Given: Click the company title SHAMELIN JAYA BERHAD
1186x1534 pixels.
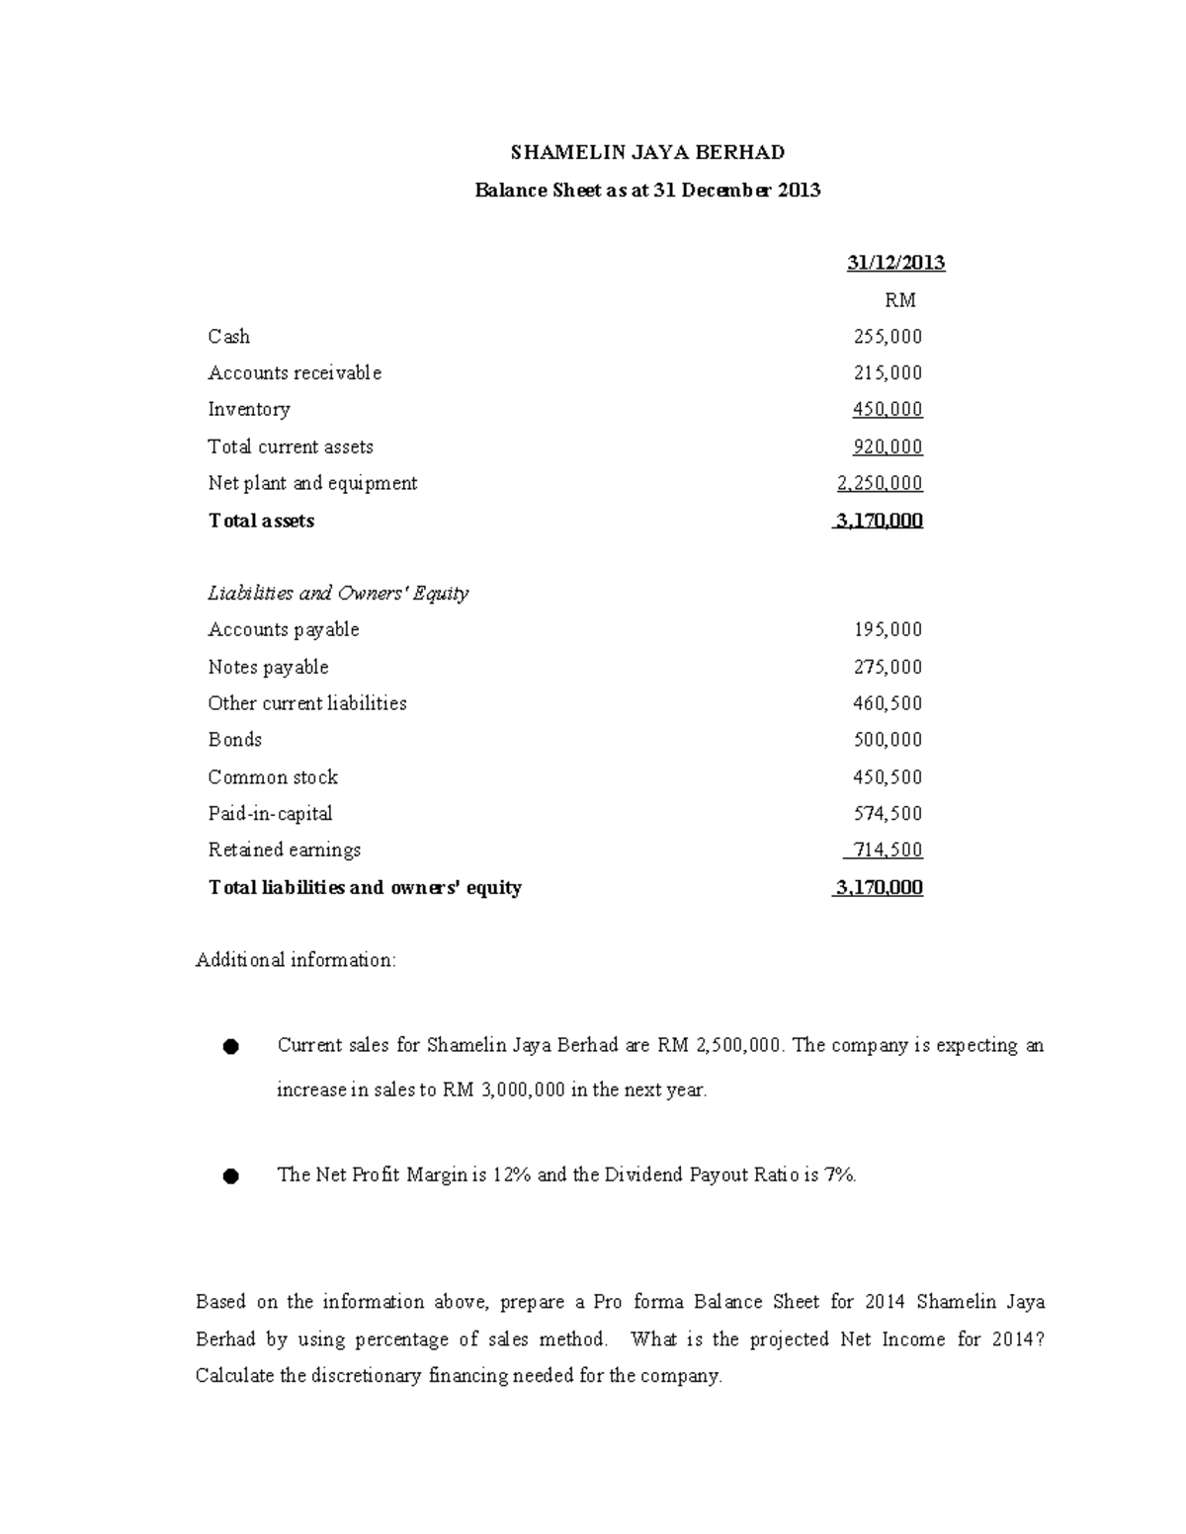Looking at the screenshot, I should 647,152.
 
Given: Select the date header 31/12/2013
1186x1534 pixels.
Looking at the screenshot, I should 895,263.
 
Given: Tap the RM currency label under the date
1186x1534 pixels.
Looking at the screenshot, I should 899,300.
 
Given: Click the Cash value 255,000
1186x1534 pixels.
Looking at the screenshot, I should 888,337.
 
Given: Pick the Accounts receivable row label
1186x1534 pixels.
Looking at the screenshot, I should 295,373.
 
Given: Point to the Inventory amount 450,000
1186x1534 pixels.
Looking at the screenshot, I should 888,410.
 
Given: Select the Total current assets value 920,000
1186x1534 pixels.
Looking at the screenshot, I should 888,447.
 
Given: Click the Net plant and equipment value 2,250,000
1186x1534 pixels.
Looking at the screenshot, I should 880,483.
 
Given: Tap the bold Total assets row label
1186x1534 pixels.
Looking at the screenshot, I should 261,521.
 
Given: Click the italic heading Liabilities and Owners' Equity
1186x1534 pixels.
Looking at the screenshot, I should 338,594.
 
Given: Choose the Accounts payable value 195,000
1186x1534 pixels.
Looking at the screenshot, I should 888,630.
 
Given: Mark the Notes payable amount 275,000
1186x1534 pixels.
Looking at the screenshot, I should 888,668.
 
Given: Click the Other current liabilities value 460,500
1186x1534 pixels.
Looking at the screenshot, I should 888,704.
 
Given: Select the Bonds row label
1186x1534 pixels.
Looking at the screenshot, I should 235,740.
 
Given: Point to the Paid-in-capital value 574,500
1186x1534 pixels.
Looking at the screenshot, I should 888,814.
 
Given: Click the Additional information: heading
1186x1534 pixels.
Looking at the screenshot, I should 296,960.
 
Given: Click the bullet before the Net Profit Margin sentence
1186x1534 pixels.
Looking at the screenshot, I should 230,1176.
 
